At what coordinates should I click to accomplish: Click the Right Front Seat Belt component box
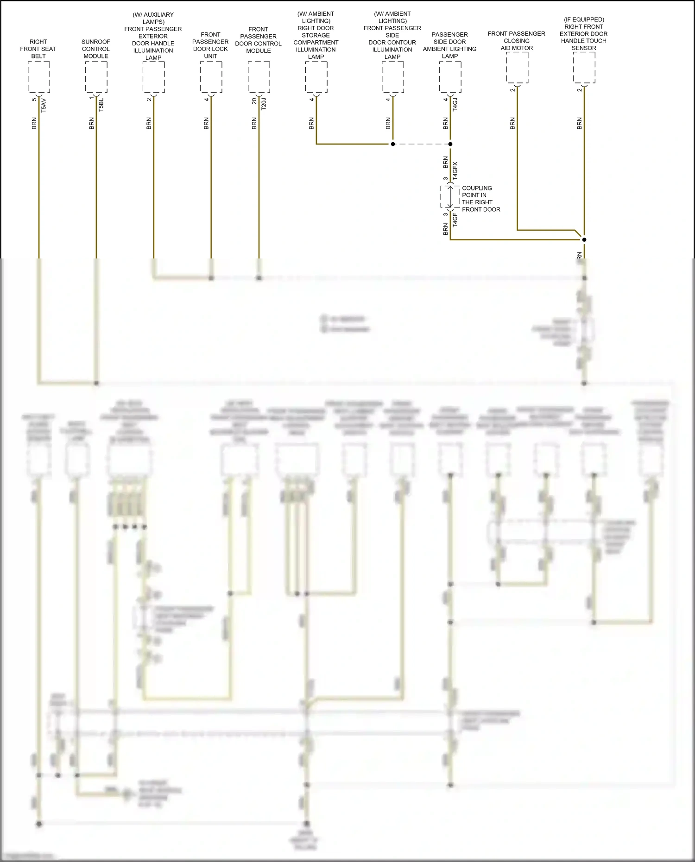(x=38, y=77)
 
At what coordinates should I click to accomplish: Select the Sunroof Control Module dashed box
(x=96, y=77)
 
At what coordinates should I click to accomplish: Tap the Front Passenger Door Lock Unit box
(x=211, y=77)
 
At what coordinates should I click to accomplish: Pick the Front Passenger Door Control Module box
(x=259, y=77)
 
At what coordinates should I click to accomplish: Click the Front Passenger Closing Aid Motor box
(x=517, y=68)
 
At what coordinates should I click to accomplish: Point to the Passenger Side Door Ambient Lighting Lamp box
(x=450, y=77)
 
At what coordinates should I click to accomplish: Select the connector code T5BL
(x=101, y=105)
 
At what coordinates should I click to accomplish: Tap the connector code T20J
(x=264, y=104)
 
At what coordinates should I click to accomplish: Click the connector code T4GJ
(x=455, y=105)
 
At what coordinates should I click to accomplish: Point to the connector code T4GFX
(x=455, y=171)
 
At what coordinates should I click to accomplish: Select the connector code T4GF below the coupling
(x=455, y=220)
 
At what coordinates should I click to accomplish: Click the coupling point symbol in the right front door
(x=450, y=197)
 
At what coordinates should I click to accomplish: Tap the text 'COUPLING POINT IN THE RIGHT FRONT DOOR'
(x=480, y=199)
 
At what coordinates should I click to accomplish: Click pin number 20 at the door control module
(x=254, y=101)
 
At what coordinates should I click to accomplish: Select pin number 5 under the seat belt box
(x=34, y=100)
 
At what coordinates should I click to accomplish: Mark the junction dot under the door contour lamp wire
(x=393, y=144)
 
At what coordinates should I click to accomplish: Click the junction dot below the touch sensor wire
(x=584, y=239)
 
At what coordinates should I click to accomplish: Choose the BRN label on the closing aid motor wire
(x=512, y=123)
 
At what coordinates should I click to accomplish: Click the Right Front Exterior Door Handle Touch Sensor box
(x=584, y=68)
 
